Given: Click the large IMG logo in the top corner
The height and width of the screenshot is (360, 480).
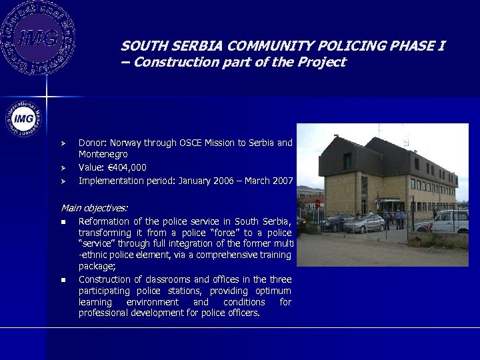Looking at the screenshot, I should tap(38, 37).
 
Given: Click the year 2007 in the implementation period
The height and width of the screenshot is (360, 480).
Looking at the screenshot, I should tap(281, 180).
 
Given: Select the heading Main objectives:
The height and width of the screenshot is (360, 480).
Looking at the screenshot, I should tap(94, 208).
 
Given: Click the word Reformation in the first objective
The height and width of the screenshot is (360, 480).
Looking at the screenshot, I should tap(103, 221).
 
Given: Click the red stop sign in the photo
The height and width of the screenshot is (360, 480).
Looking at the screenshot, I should tap(317, 203).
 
